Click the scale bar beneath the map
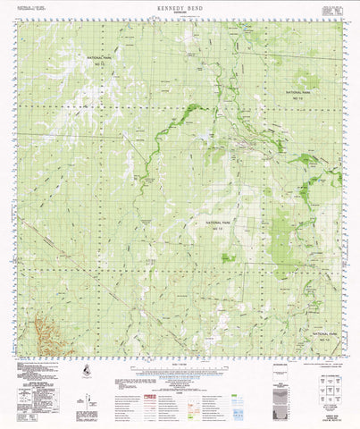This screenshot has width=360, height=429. click(179, 368)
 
